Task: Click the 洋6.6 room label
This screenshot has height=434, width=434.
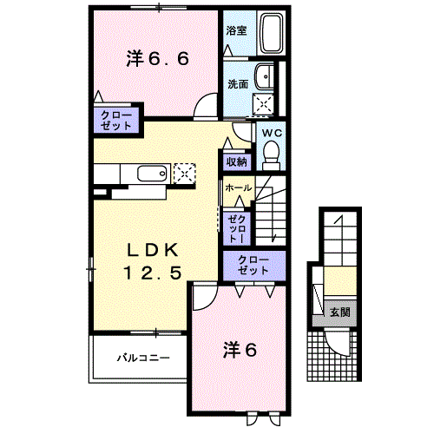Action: (158, 59)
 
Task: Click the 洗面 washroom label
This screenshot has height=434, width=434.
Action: (238, 84)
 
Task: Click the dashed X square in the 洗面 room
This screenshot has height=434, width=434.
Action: (263, 104)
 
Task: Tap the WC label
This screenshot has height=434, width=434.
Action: (269, 133)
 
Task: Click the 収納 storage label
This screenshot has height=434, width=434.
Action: (237, 161)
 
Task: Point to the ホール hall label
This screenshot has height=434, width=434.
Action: (238, 187)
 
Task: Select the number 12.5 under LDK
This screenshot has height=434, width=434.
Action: (153, 273)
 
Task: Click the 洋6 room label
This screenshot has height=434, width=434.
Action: (240, 350)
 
